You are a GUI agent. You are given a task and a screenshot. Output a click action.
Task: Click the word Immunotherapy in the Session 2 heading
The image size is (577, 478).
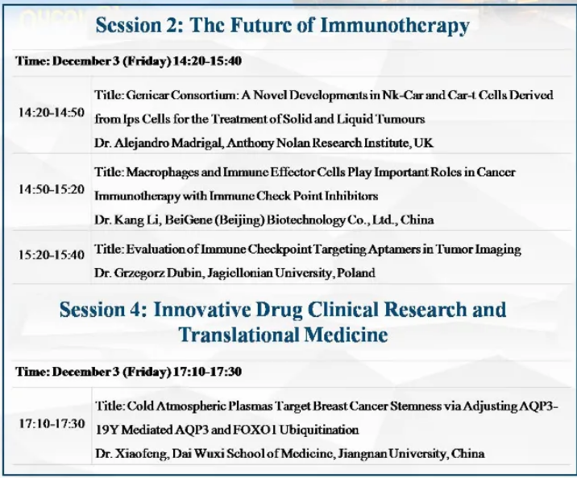[395, 26]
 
